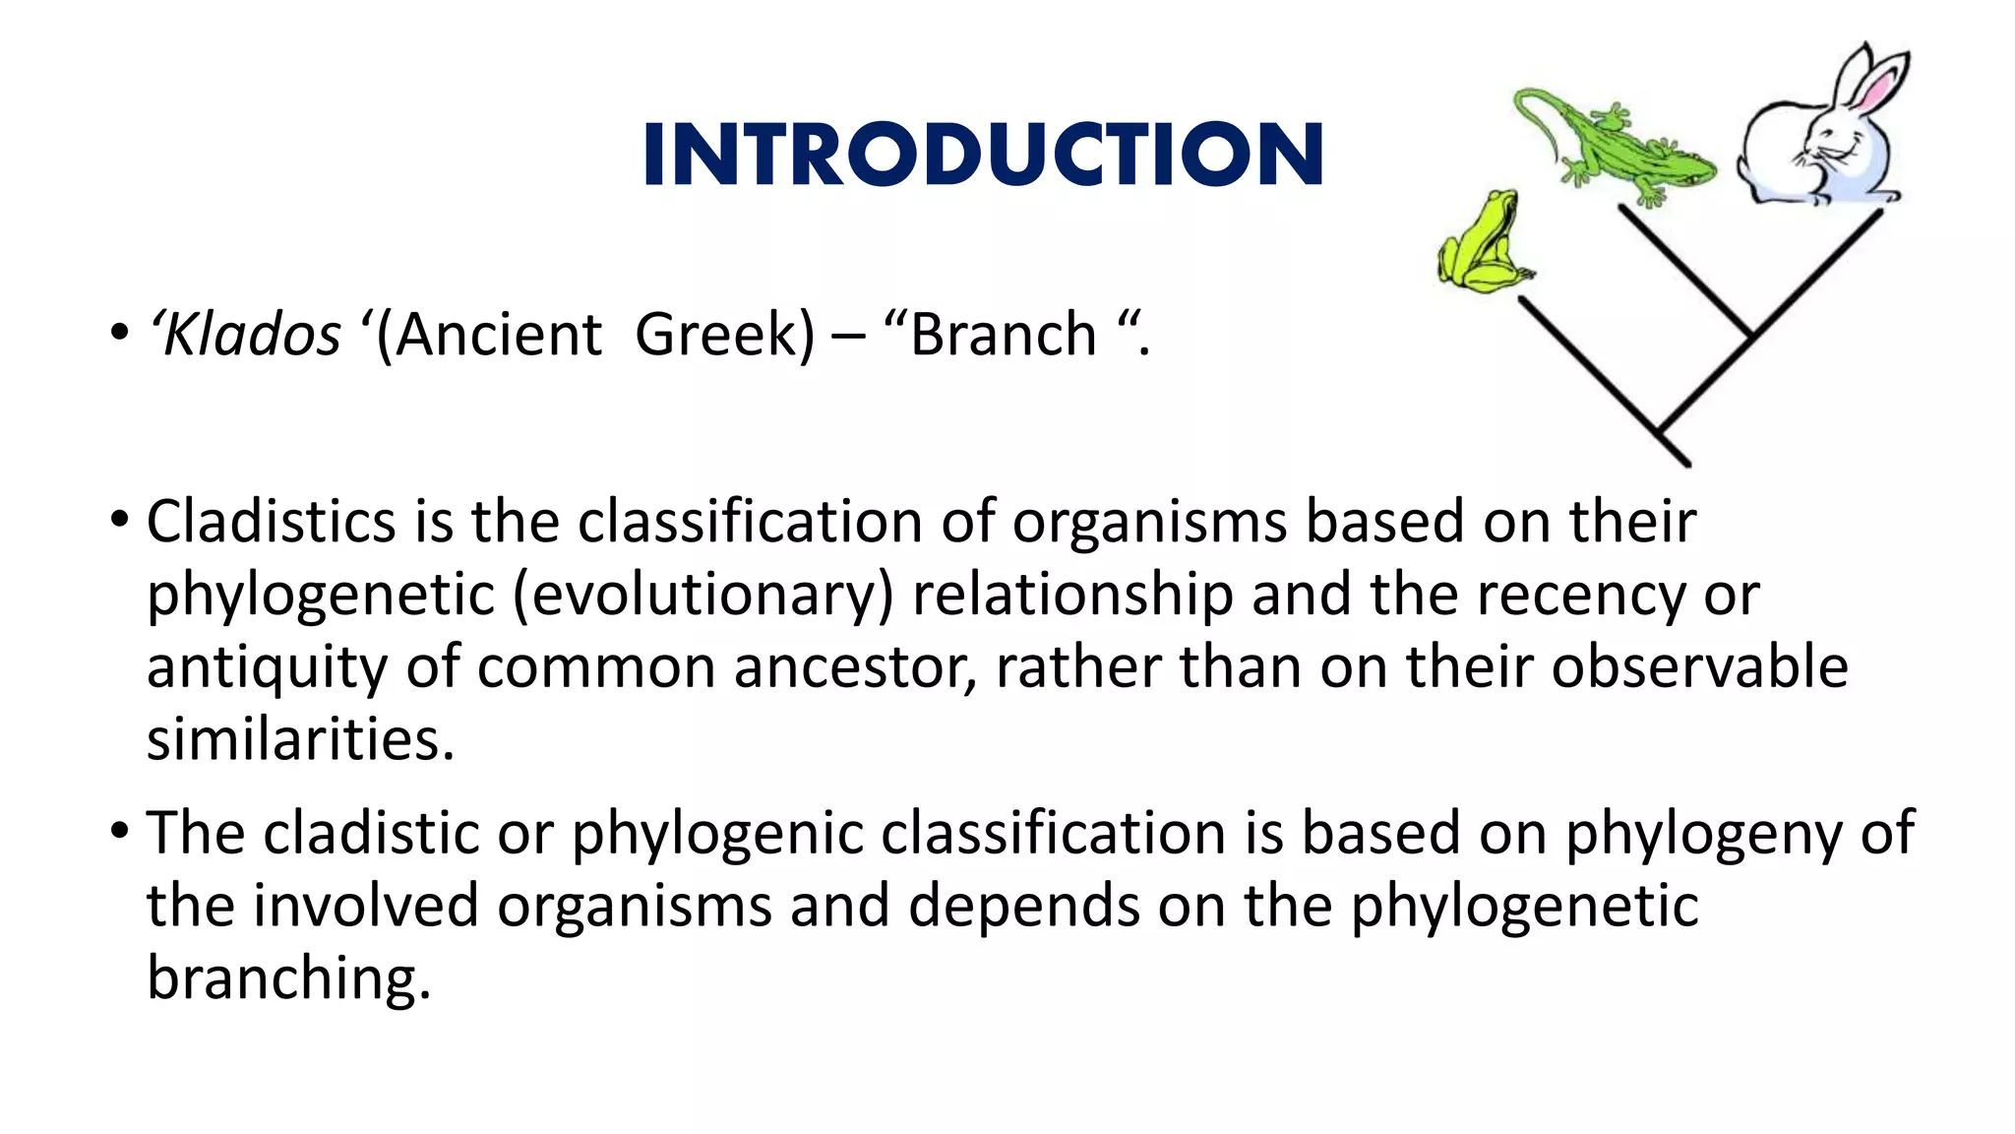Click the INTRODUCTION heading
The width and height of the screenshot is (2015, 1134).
tap(983, 155)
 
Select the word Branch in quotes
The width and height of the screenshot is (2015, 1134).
tap(1003, 335)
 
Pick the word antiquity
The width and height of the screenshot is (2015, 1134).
tap(268, 667)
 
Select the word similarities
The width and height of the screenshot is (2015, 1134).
tap(300, 739)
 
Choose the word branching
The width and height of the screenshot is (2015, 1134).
tap(288, 977)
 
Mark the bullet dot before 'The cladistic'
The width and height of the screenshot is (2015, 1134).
tap(120, 832)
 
